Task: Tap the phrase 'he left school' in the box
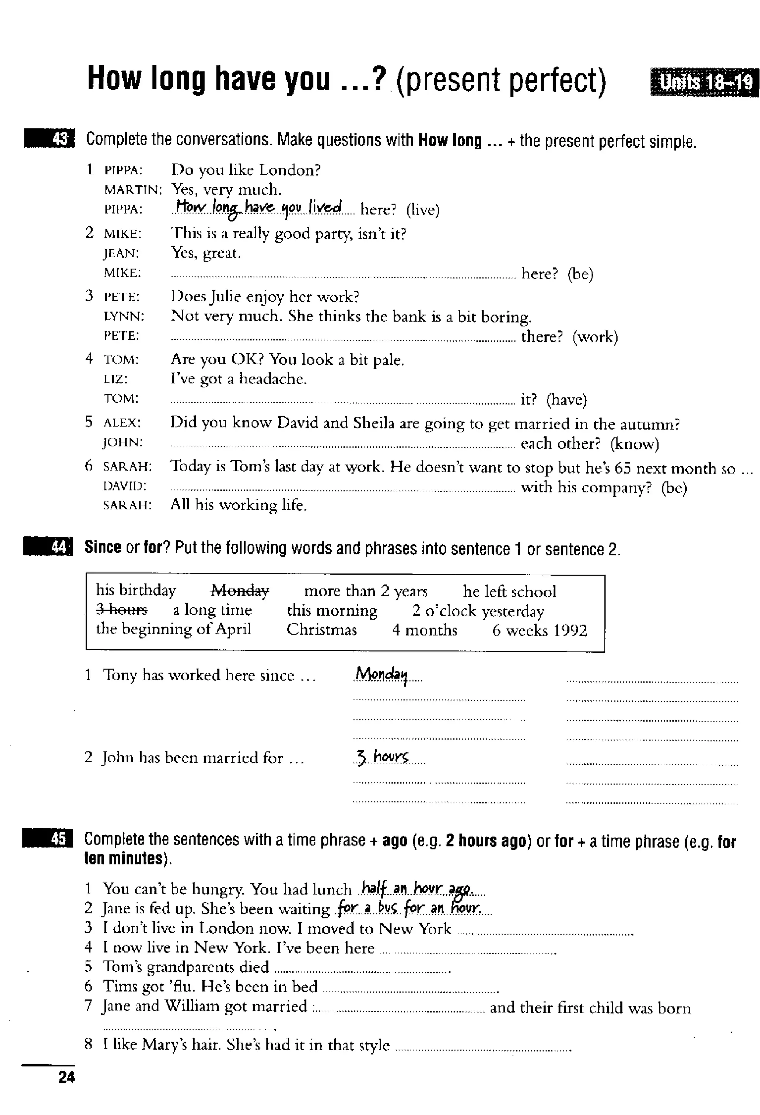(x=510, y=591)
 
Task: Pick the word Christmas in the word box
(x=321, y=630)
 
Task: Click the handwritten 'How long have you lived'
(x=258, y=208)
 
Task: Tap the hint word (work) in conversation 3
(x=595, y=337)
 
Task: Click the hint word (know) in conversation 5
(x=634, y=444)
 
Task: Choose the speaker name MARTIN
(x=133, y=190)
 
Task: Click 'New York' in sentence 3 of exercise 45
(x=415, y=928)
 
